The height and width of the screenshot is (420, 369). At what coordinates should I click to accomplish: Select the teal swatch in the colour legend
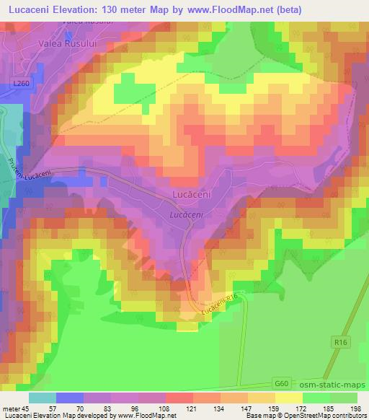(x=43, y=397)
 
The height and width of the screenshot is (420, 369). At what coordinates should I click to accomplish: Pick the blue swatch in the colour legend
(x=70, y=397)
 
